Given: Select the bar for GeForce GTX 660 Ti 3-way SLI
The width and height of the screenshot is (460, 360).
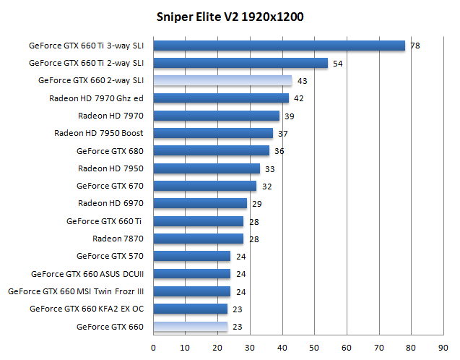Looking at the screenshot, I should point(279,46).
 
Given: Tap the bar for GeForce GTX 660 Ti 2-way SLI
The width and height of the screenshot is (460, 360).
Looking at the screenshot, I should point(240,63).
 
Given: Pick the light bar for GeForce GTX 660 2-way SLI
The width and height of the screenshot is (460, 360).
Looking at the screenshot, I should point(222,80).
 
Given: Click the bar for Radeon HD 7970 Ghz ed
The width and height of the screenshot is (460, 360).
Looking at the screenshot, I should point(221,98).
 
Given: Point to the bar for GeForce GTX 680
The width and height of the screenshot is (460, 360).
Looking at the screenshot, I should point(212,151).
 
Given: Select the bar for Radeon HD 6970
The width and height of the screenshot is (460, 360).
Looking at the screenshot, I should point(200,204).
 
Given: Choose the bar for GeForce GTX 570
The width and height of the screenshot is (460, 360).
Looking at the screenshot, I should point(192,256).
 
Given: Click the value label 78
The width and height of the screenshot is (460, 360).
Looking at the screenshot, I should point(415,46).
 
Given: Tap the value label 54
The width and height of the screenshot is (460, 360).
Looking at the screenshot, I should point(337,64).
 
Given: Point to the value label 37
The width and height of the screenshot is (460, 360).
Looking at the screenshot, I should point(282,134).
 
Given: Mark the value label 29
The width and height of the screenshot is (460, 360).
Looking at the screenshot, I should point(256,204).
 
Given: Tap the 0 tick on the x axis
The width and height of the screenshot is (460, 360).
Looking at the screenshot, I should point(153,348).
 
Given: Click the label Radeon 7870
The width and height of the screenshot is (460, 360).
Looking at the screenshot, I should point(118,239).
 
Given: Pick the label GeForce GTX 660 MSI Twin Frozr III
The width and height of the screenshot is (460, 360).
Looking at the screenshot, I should point(76,291).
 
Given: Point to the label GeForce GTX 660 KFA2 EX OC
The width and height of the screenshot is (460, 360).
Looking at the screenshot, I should point(87,309).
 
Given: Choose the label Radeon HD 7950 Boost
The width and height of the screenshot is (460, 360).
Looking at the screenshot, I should point(99,133).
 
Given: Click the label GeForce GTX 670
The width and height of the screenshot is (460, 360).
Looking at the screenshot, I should point(110,186).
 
